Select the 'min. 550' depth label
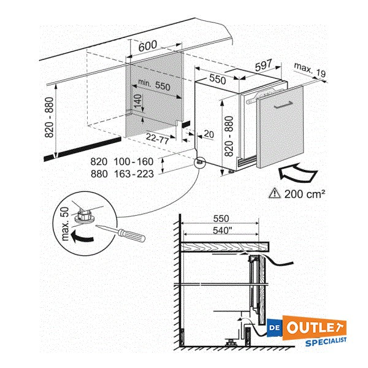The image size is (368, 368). click(153, 86)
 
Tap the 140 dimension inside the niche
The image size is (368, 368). click(137, 102)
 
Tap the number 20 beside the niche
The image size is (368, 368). click(209, 134)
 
